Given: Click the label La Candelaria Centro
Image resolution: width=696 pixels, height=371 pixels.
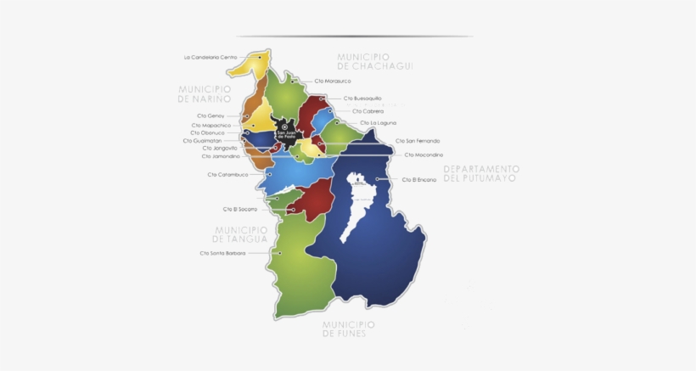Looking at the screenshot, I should point(210,58).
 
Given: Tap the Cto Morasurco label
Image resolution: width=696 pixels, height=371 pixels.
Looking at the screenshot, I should point(333,81).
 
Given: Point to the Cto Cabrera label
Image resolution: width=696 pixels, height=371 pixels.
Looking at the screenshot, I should point(368,111).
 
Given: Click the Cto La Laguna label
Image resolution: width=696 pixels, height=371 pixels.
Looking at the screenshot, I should point(379,123).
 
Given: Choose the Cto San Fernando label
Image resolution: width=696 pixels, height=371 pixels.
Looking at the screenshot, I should point(422,140).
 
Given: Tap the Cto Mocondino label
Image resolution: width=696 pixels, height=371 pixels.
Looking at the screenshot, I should point(424,155).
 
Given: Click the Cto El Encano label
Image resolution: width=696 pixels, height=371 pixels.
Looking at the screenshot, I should point(418,179).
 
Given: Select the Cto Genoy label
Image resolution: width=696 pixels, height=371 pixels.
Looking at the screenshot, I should point(210,115).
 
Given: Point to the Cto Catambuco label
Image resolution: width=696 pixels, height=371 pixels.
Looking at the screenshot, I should point(227,175).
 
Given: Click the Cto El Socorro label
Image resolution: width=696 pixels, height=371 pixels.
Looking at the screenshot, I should point(240,209).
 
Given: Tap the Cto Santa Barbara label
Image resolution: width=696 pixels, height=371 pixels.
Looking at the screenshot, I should point(222,253).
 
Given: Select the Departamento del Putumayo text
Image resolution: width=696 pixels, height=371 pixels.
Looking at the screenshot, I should point(480,173).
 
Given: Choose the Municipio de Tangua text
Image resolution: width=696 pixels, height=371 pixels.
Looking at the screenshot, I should point(241,234).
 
